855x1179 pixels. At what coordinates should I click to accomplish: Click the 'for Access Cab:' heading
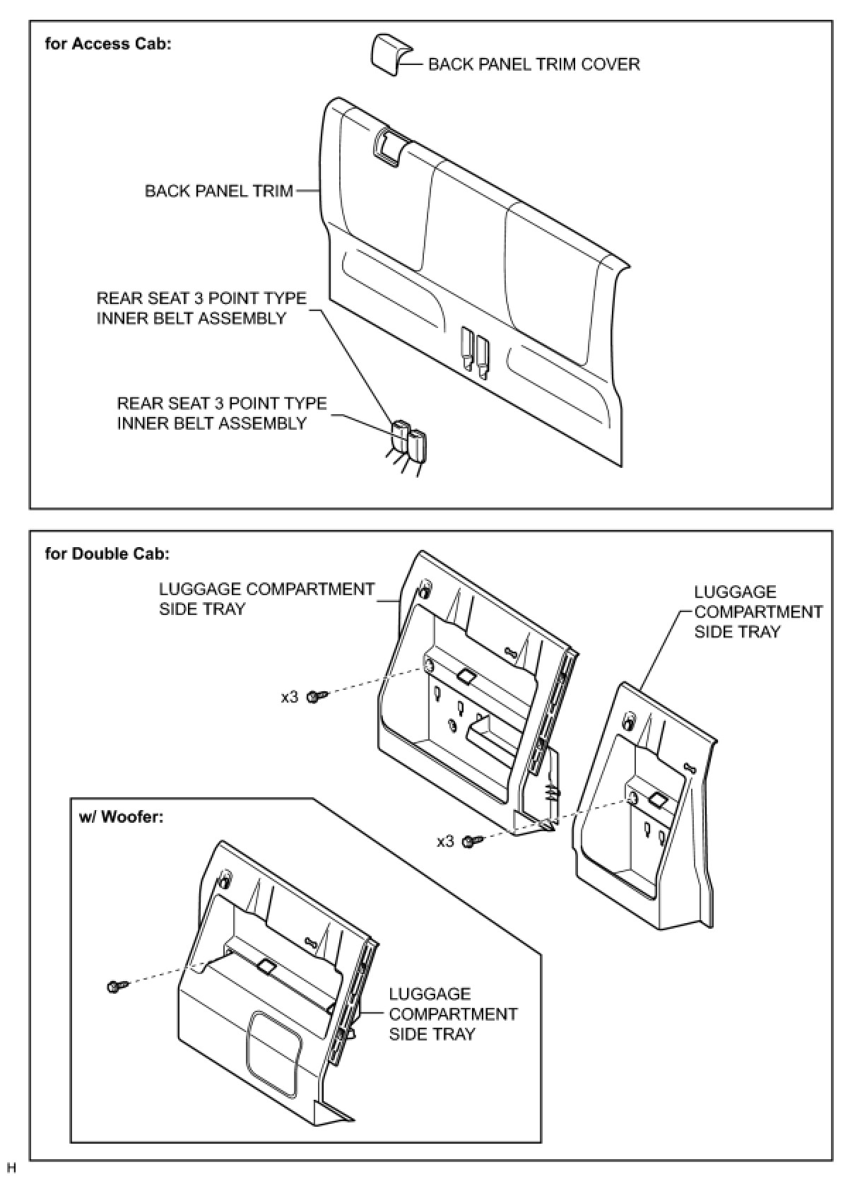[108, 44]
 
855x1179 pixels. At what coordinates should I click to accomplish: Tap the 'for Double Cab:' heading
[107, 553]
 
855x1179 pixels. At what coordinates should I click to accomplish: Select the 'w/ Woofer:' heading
[121, 817]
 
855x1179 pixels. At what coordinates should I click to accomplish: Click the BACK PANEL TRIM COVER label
[533, 64]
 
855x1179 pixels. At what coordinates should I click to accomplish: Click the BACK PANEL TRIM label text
[218, 191]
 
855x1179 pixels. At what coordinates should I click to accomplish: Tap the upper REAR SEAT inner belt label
[201, 308]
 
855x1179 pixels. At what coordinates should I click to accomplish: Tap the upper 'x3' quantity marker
[290, 697]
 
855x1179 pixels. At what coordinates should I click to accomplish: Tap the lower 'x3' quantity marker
[445, 841]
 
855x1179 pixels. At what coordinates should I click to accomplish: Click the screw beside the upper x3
[317, 697]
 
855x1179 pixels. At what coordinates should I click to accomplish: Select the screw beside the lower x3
[471, 841]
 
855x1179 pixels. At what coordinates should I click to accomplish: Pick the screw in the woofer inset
[117, 985]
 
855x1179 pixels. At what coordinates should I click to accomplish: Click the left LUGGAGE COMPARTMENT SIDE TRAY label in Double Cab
[266, 599]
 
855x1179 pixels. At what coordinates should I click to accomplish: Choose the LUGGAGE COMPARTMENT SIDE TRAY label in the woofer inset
[453, 1014]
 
